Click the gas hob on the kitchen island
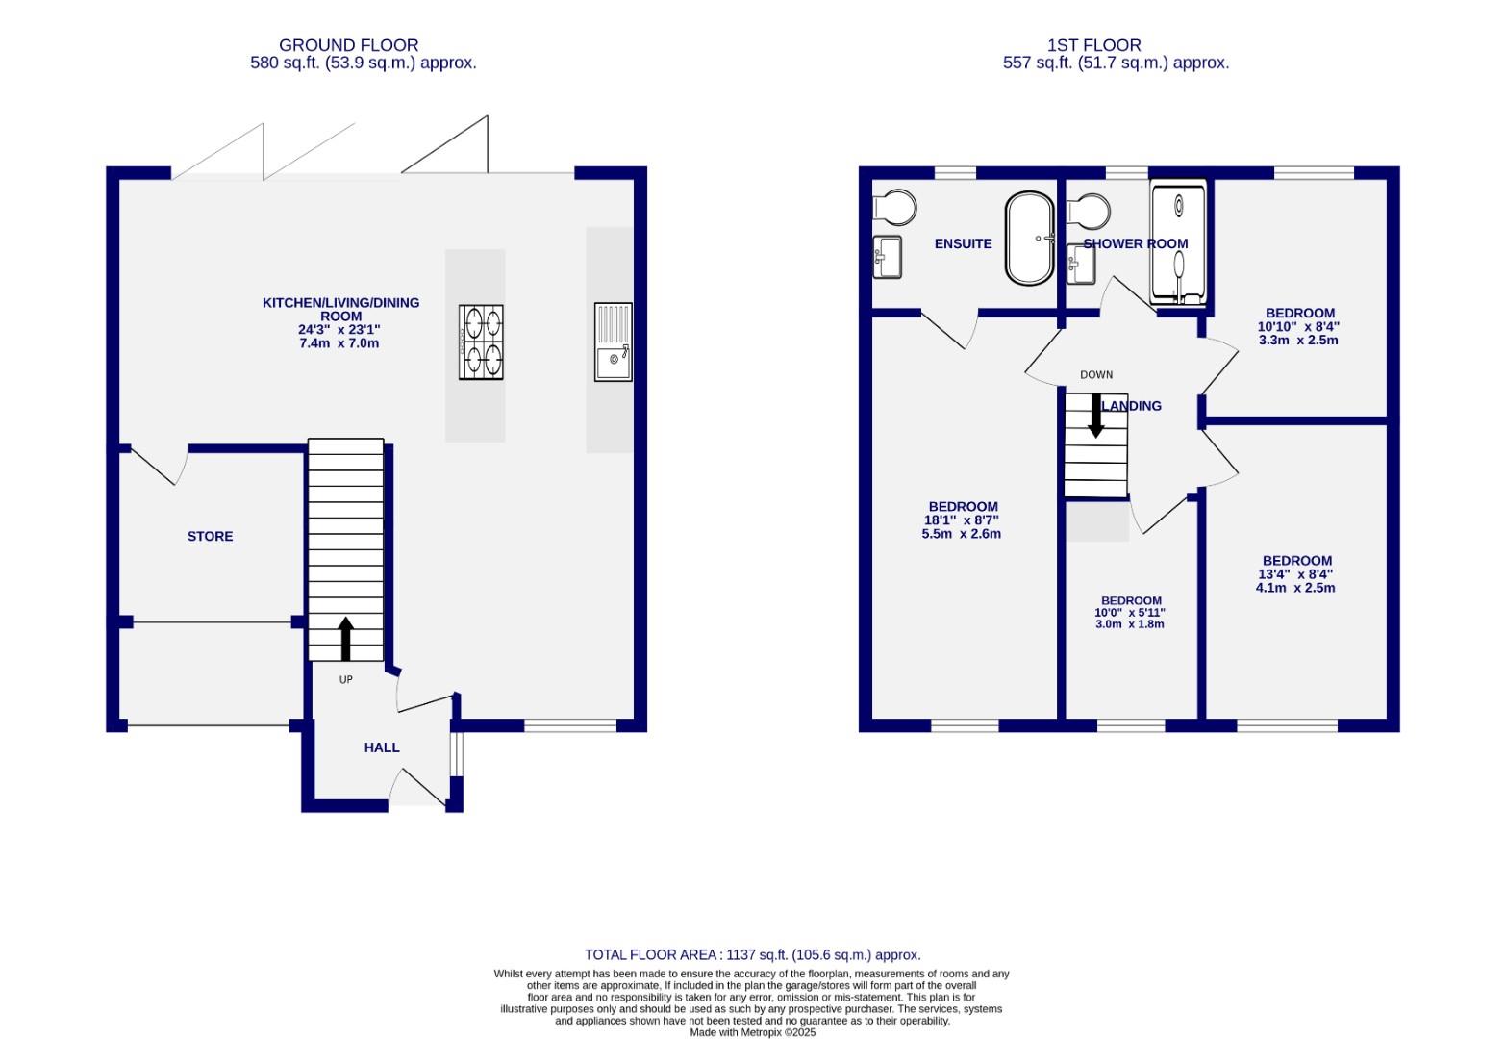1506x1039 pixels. pos(481,342)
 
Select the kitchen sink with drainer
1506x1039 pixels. pos(613,342)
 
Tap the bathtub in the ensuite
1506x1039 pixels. pos(1029,239)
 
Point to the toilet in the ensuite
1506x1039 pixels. pos(894,206)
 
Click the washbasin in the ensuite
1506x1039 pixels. pos(887,257)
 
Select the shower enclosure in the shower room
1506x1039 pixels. pos(1178,244)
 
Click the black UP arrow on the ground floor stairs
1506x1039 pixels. pos(345,638)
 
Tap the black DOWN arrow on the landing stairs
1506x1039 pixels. pos(1095,416)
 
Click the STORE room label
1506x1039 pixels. pos(210,536)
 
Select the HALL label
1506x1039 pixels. pos(381,748)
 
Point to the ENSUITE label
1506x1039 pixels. pos(963,244)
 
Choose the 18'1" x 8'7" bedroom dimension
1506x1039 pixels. pos(962,520)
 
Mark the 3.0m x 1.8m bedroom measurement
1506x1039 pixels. pos(1129,624)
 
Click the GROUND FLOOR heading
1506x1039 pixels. pos(348,45)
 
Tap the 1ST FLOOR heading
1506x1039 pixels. pos(1094,45)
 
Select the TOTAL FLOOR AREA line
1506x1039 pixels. pos(752,955)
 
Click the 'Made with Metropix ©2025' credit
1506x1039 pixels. pos(752,1032)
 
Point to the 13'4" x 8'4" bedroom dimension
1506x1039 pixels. pos(1295,574)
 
